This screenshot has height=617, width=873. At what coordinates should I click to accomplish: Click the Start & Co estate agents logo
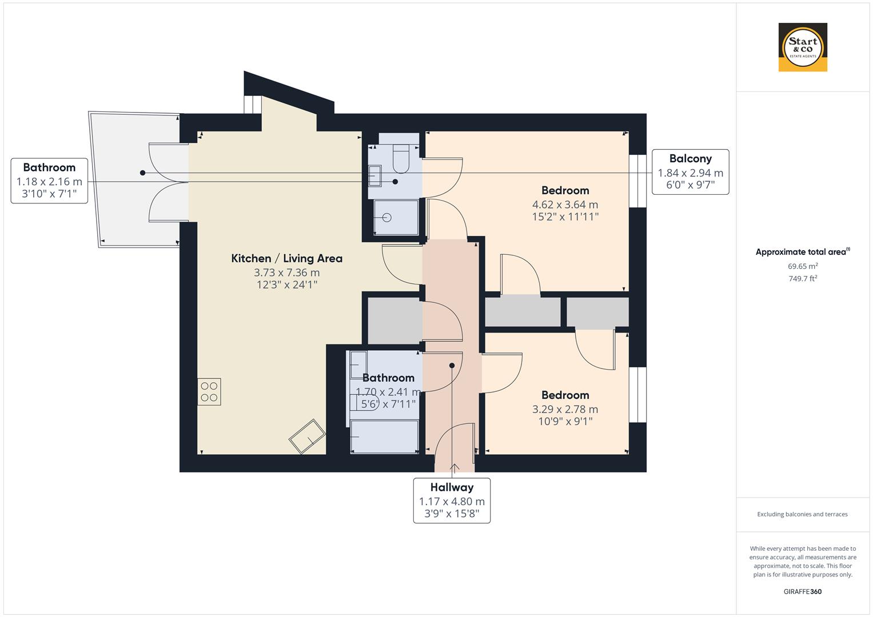coord(803,47)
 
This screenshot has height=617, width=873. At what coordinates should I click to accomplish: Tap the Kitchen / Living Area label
coord(286,258)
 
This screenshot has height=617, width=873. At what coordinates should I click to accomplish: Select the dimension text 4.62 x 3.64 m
coord(565,205)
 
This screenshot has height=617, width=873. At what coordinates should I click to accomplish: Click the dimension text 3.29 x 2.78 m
coord(565,409)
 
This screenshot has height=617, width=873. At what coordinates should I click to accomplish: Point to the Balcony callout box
coord(690,172)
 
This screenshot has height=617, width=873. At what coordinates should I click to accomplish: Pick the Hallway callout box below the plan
coord(452,500)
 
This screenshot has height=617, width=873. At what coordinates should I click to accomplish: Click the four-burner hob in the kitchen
coord(209,392)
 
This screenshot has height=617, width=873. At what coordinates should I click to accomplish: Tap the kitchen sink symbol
coord(308,437)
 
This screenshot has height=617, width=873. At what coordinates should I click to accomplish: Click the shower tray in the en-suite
coord(396,217)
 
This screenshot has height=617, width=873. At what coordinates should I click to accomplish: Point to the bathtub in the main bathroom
coord(384,436)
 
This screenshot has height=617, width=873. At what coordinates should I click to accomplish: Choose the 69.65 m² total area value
coord(803,266)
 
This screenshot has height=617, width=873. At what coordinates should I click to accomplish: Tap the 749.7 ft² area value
coord(803,279)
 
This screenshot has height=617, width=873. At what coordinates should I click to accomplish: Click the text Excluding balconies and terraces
coord(802,514)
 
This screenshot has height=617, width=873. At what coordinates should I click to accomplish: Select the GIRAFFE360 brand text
coord(802,591)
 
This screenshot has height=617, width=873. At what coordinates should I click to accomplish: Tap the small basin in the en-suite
coord(375,175)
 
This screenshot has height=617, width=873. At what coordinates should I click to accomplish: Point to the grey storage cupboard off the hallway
coord(394,320)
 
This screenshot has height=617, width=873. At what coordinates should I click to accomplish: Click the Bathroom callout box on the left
coord(49,181)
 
